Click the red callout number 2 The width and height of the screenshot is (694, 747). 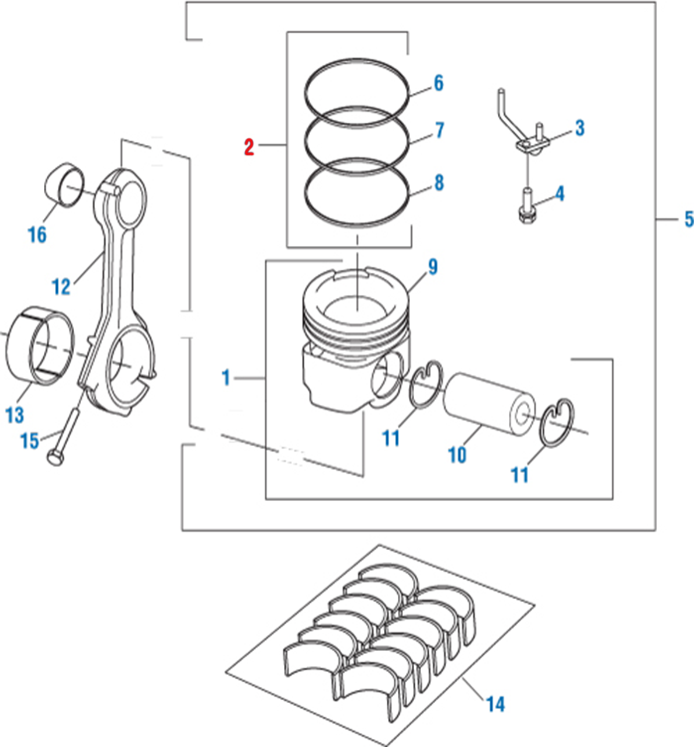point(249,147)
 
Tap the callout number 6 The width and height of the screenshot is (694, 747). point(438,84)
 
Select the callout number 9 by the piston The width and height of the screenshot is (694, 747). point(432,267)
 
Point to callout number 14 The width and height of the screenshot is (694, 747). point(495,704)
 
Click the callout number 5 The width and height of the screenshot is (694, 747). point(689,220)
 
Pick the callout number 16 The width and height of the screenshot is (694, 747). point(37,235)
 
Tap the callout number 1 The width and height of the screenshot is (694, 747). point(226,378)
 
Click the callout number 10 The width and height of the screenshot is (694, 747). point(457,454)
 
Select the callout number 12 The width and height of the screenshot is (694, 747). point(61,286)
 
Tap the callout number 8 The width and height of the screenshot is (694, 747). point(438,183)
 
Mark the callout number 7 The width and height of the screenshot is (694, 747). point(439,130)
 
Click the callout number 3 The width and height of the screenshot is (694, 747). point(579,128)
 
